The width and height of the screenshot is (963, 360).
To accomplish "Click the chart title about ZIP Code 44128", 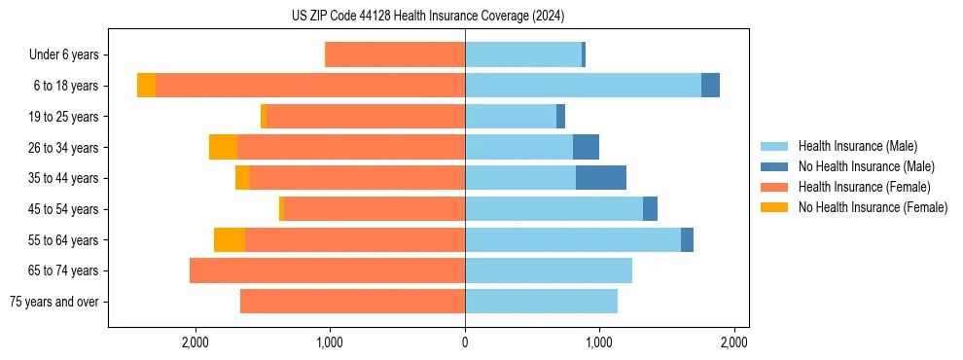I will click(428, 17).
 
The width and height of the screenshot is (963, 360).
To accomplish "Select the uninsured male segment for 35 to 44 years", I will click(600, 178).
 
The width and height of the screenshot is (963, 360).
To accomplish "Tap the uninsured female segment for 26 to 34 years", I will click(223, 147).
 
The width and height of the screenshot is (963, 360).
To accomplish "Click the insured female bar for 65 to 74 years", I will click(327, 270).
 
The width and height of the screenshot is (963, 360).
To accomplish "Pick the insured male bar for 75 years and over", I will click(541, 302).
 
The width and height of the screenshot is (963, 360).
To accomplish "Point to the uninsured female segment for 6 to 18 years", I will click(146, 86).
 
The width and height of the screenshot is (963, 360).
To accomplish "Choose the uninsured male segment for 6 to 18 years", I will click(710, 86).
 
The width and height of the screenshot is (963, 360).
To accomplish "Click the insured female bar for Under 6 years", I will click(394, 54).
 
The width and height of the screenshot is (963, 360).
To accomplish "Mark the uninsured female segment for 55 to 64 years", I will click(229, 239).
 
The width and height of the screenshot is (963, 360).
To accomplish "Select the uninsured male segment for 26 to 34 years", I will click(586, 147).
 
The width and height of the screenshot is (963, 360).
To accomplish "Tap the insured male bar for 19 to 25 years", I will click(511, 117).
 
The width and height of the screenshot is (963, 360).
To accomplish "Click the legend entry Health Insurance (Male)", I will click(857, 146).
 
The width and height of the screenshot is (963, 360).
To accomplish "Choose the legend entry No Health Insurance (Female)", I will click(873, 207).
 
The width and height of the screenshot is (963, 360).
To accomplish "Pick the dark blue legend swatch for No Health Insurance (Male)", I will click(774, 166).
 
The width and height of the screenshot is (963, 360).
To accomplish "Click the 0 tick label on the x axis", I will click(465, 342).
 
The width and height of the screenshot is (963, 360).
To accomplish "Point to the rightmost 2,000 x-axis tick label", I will click(733, 342).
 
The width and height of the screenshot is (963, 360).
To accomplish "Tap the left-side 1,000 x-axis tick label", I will click(330, 342).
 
